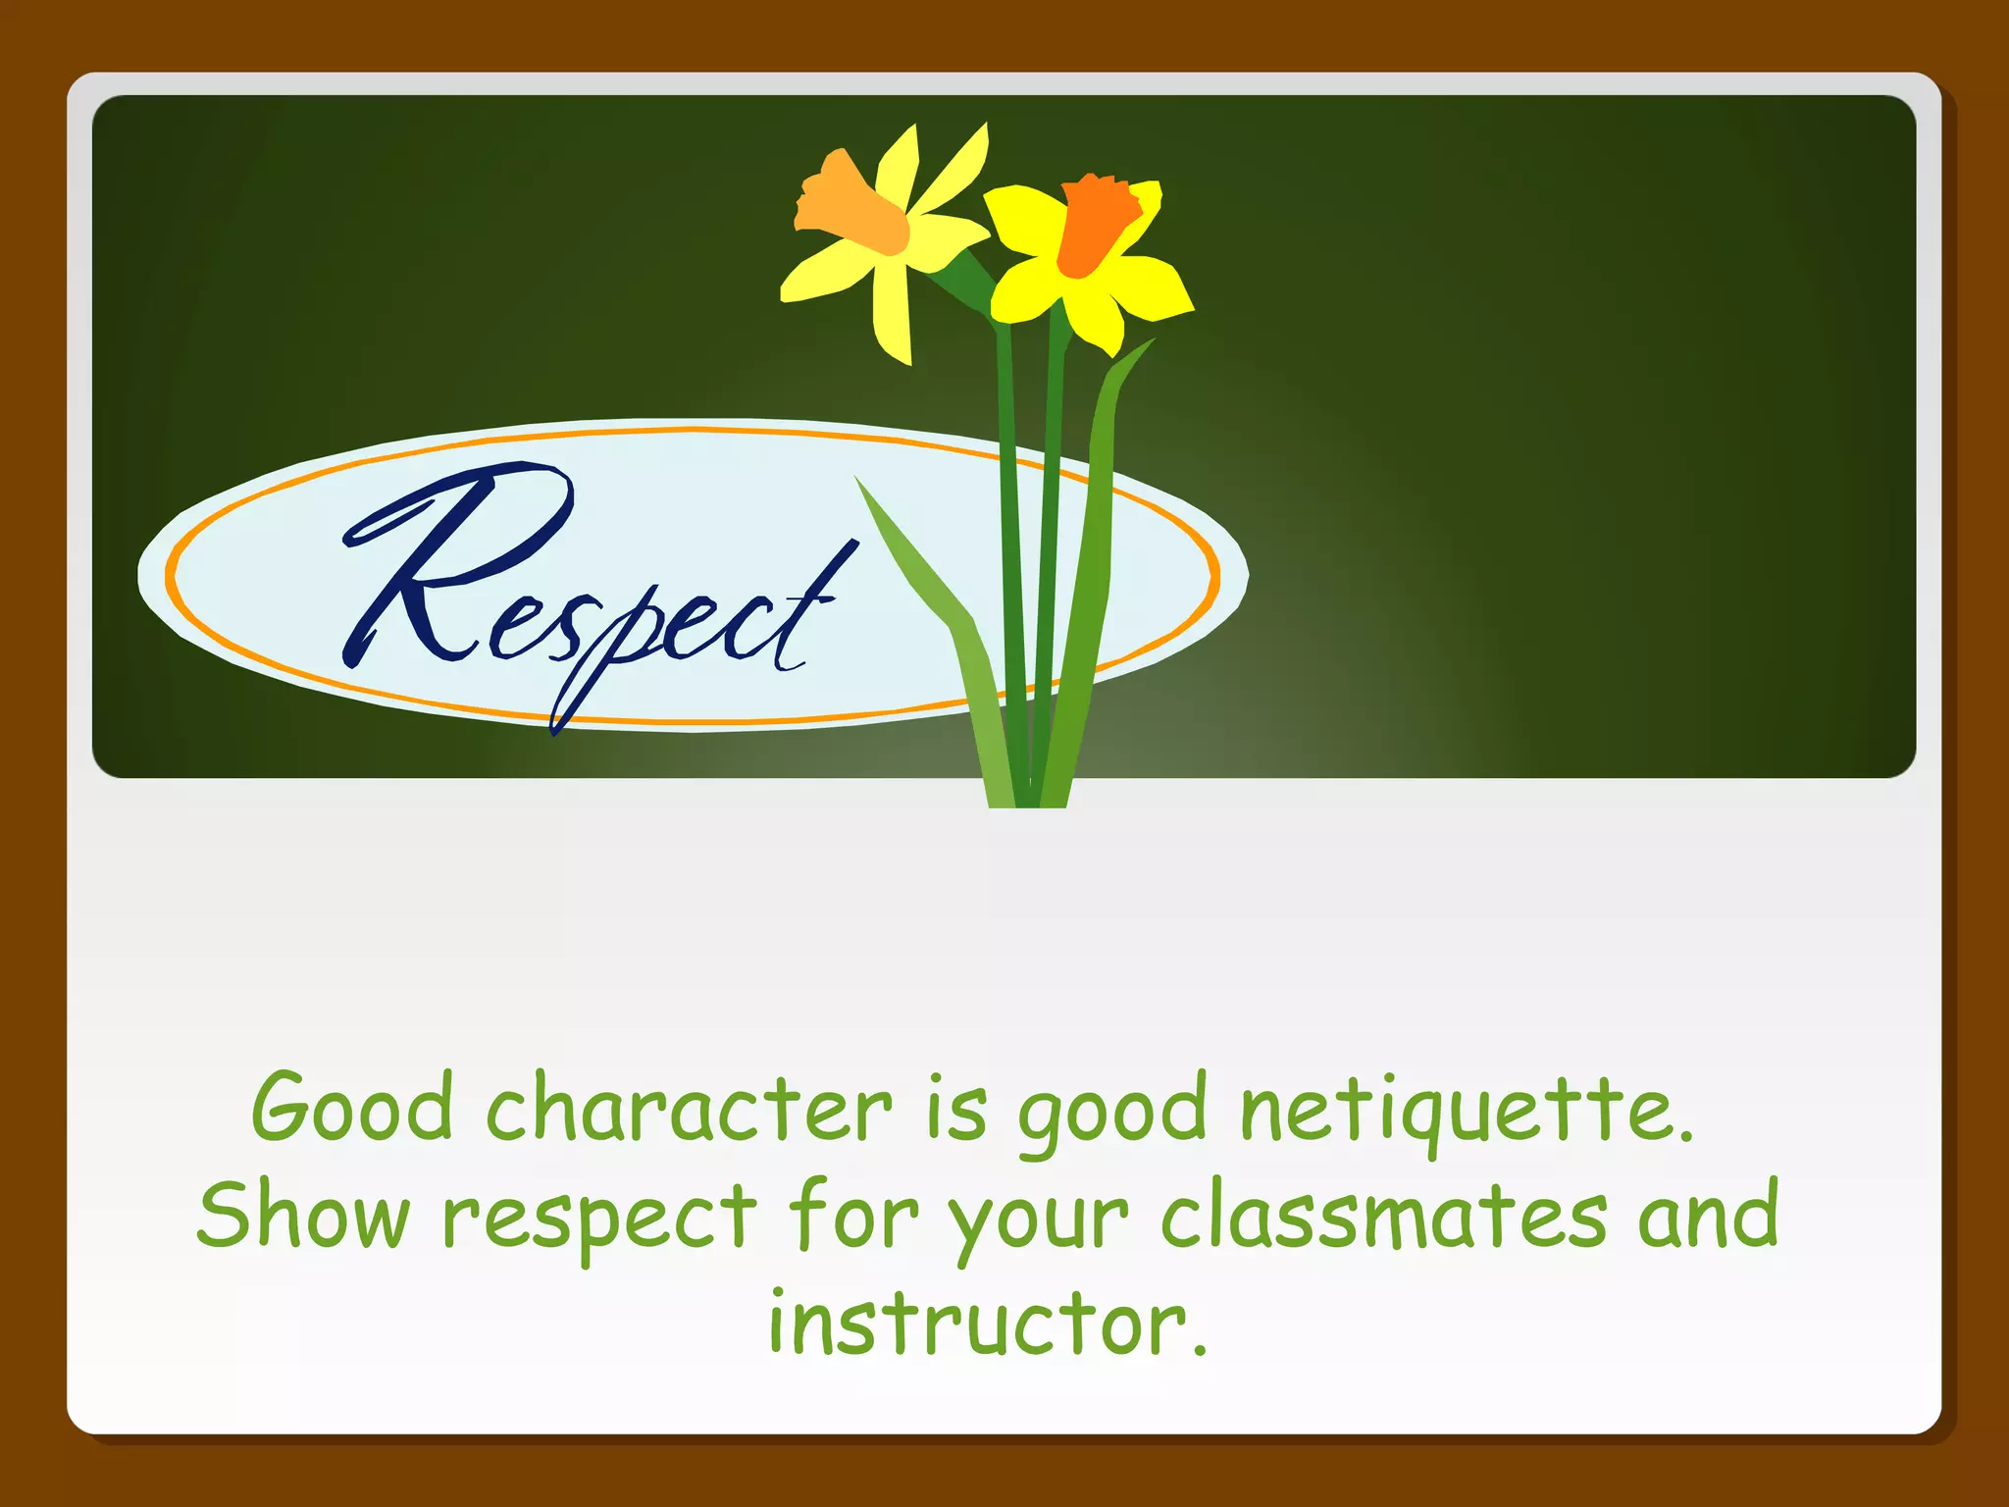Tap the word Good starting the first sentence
point(352,1109)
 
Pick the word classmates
point(1383,1217)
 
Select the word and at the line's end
point(1708,1217)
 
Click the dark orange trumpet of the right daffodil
point(1094,226)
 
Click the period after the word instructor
point(1199,1351)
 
